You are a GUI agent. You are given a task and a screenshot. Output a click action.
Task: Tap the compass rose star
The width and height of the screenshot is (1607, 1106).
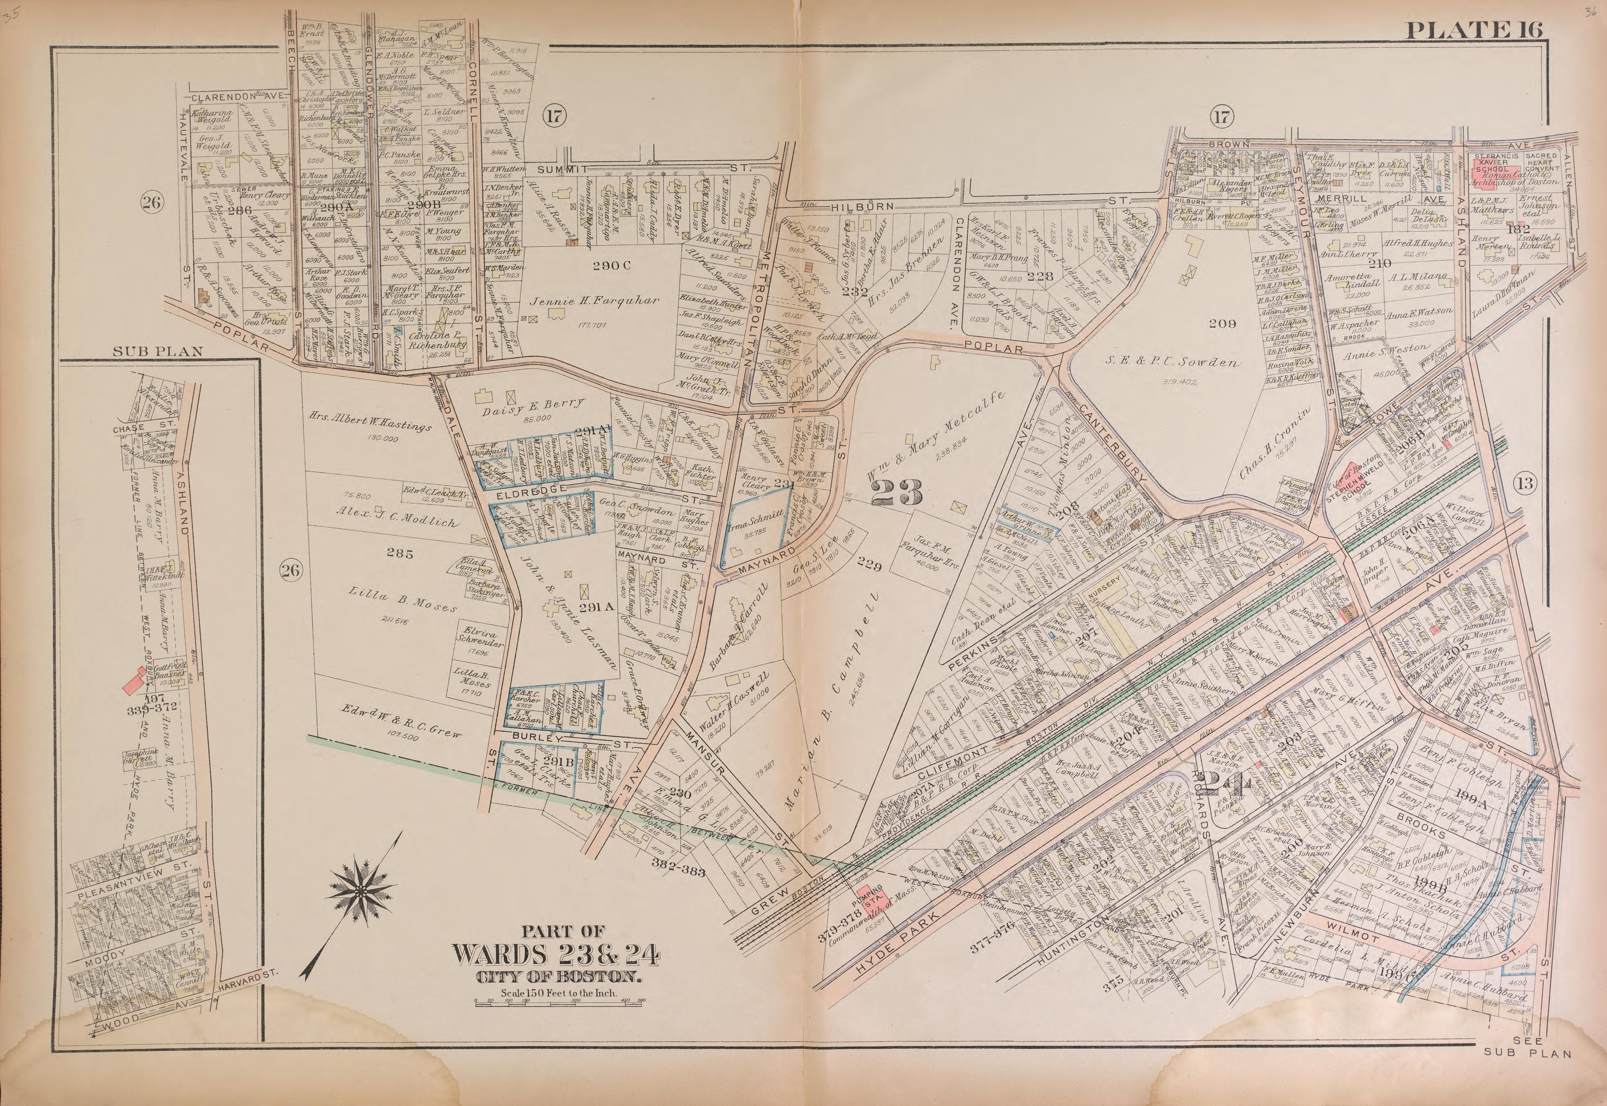coord(362,888)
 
